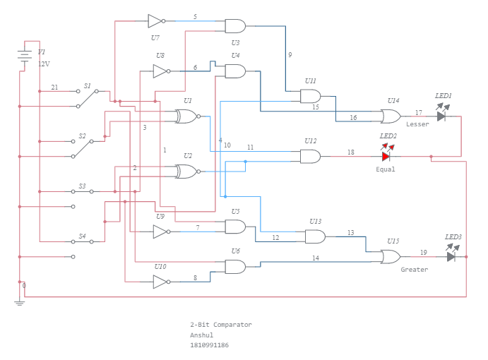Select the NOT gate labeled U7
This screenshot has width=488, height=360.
pos(155,20)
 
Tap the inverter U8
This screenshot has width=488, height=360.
pos(160,71)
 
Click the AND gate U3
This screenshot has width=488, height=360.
pos(234,26)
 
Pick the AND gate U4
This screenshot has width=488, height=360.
pos(234,71)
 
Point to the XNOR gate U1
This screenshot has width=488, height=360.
pos(187,116)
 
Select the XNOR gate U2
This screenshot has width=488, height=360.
pos(187,171)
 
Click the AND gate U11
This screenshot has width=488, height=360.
pos(310,96)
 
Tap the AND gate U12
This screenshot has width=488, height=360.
pos(310,156)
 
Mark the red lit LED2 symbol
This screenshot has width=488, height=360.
pos(386,156)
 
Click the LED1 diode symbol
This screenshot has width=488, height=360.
pos(441,116)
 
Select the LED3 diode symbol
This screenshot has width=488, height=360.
pos(451,256)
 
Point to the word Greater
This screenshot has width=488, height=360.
pos(414,270)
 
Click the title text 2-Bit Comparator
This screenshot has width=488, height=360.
pos(220,325)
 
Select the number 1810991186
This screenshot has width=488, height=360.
pos(209,345)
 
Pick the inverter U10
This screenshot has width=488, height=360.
pos(160,282)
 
